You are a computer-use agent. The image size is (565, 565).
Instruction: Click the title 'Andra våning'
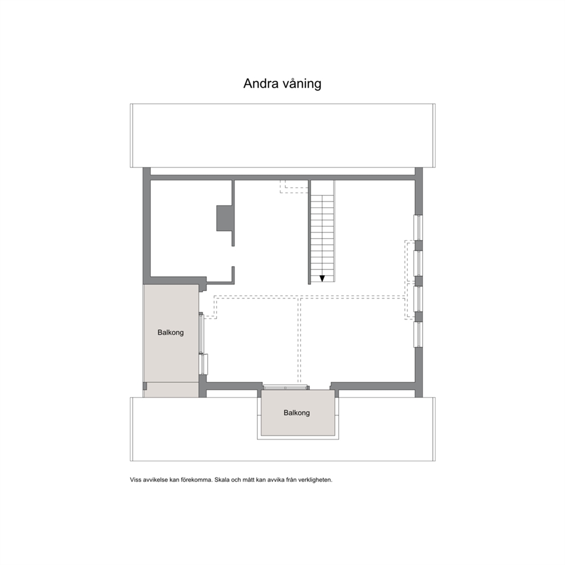point(282,84)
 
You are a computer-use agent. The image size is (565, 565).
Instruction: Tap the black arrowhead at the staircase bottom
point(322,278)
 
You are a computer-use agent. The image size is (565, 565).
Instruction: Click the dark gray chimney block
point(224,218)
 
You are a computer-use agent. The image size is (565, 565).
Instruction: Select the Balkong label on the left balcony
point(170,332)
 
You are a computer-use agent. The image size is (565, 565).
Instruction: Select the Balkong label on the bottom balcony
point(297,412)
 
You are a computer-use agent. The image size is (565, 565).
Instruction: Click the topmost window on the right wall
point(419,227)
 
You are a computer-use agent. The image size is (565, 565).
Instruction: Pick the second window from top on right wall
point(419,263)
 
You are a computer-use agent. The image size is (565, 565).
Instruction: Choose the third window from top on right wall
point(419,298)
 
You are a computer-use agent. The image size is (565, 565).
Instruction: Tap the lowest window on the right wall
point(419,334)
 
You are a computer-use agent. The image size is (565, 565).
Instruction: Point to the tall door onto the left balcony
point(201,333)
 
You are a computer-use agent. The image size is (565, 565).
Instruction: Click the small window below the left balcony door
point(203,365)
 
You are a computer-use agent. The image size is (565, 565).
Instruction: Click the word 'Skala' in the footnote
point(222,480)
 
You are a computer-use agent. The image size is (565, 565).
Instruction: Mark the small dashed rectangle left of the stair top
point(294,187)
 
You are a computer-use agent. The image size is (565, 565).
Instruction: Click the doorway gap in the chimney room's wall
point(233,256)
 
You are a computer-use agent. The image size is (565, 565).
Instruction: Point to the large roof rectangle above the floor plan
point(282,136)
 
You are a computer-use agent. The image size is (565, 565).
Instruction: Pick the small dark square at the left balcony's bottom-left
point(145,386)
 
